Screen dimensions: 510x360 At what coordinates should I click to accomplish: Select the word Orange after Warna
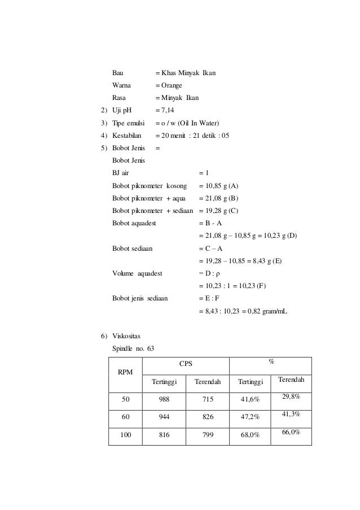click(172, 85)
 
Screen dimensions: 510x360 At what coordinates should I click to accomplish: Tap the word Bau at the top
click(118, 73)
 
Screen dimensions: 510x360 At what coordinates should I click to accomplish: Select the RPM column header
click(124, 372)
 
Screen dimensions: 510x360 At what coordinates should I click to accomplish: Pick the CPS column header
click(186, 364)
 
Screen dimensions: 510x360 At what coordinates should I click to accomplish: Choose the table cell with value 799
click(207, 435)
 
